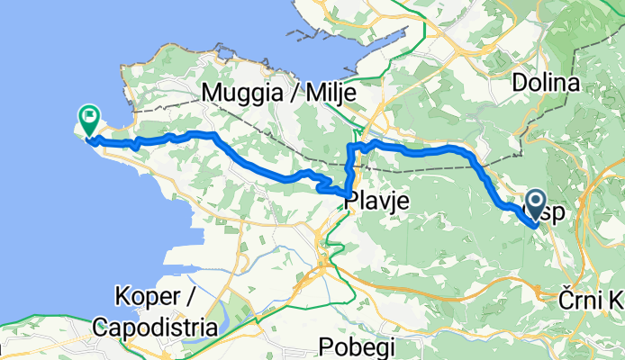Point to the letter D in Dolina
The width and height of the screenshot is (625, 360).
pos(518,84)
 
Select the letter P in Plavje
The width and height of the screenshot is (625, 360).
pos(349,203)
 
